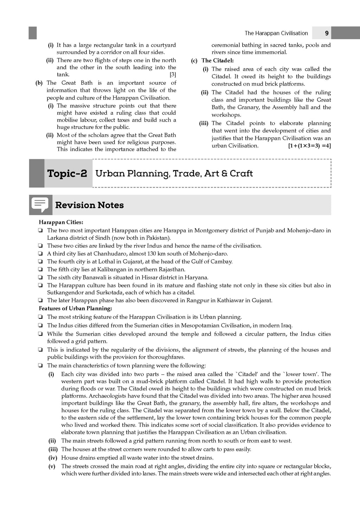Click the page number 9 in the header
pyautogui.click(x=327, y=33)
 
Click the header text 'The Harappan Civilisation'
pyautogui.click(x=276, y=33)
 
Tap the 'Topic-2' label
pyautogui.click(x=67, y=173)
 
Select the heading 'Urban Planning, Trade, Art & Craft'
pyautogui.click(x=174, y=173)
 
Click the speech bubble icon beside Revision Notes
pyautogui.click(x=40, y=205)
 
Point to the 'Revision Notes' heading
pyautogui.click(x=89, y=205)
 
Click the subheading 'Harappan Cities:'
pyautogui.click(x=61, y=222)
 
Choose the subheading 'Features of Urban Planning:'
pyautogui.click(x=75, y=309)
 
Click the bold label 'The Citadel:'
pyautogui.click(x=217, y=60)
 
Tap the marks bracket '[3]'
pyautogui.click(x=173, y=74)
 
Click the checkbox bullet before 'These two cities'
pyautogui.click(x=41, y=246)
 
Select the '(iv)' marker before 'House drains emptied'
pyautogui.click(x=52, y=458)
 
